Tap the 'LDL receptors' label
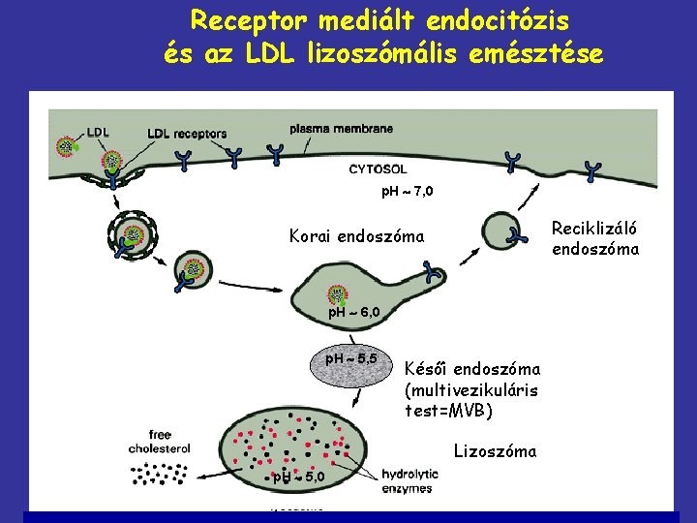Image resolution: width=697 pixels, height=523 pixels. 187,133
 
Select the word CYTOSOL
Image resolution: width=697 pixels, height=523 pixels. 377,169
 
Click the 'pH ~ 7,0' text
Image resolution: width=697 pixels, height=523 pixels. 408,191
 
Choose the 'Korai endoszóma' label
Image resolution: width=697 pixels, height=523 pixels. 356,235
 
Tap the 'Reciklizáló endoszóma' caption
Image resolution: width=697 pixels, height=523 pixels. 595,238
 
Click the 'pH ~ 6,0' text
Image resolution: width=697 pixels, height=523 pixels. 358,312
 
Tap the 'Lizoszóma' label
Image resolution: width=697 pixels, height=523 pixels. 493,450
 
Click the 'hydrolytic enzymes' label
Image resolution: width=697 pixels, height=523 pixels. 409,480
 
